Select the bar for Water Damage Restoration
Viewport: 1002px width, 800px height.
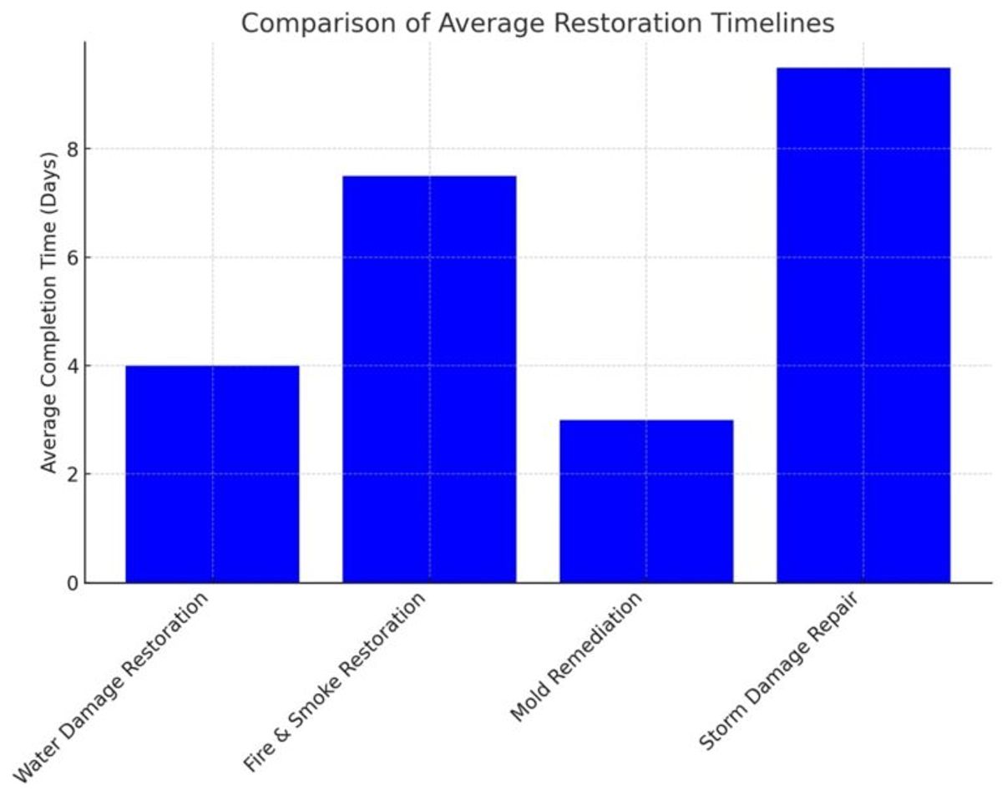click(212, 474)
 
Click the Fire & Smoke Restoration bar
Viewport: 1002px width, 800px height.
click(429, 379)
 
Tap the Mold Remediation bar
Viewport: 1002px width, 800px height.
click(646, 501)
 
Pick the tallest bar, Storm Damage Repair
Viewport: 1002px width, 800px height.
click(863, 325)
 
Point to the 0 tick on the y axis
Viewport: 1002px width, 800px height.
click(73, 583)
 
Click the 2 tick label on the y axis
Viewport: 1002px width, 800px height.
click(73, 474)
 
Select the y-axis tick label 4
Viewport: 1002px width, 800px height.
click(73, 366)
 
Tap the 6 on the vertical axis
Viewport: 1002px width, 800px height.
click(73, 257)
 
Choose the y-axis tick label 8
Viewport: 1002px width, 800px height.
click(73, 149)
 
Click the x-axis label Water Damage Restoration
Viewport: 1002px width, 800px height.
click(111, 688)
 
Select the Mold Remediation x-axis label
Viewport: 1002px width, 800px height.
click(576, 657)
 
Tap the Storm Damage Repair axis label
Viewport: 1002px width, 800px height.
click(779, 671)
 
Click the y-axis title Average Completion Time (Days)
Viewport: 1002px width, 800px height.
click(48, 312)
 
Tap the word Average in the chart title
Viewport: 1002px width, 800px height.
click(492, 23)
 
